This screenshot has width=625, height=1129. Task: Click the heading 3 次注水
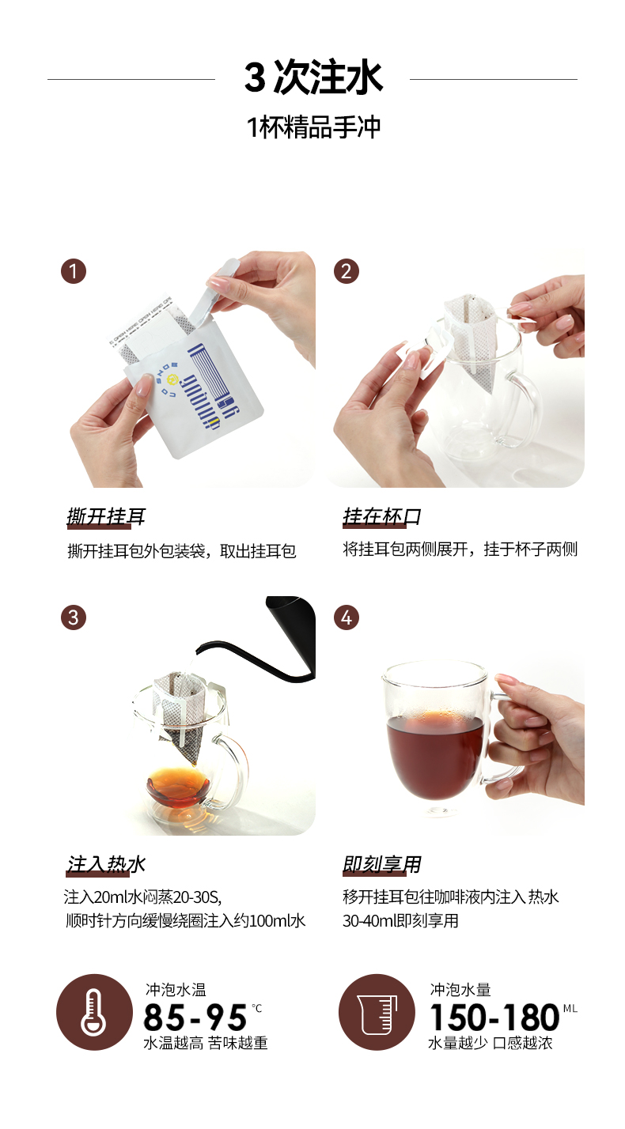tap(313, 77)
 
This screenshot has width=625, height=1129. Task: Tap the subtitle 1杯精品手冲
tap(313, 127)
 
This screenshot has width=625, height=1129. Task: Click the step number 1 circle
tap(74, 271)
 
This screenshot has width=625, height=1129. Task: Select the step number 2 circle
tap(347, 271)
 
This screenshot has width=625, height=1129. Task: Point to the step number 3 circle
tap(74, 617)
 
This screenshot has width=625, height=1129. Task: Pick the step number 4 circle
tap(347, 617)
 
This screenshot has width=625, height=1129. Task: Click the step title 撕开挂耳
tap(106, 517)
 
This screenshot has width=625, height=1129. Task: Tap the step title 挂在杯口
tap(382, 517)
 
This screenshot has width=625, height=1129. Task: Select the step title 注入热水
tap(106, 864)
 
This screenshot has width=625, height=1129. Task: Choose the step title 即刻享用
tap(382, 864)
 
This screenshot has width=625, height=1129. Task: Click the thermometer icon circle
tap(94, 1012)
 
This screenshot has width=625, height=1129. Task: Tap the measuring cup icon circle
tap(377, 1012)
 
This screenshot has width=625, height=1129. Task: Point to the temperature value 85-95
tap(195, 1017)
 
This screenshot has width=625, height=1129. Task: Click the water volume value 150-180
tap(494, 1017)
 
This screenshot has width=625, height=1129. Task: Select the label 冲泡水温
tap(176, 990)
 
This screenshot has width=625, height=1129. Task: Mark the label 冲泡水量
tap(460, 990)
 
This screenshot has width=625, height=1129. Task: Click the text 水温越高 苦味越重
tap(206, 1043)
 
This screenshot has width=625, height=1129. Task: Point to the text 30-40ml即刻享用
tap(400, 921)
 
